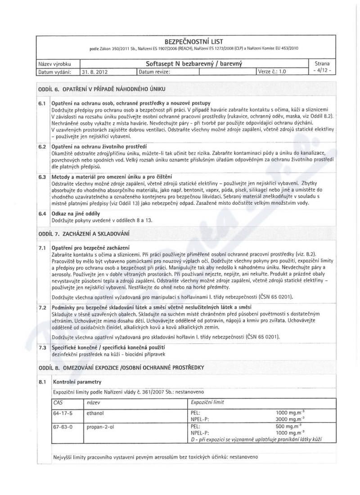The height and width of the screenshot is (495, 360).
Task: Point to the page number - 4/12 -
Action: point(321,72)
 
